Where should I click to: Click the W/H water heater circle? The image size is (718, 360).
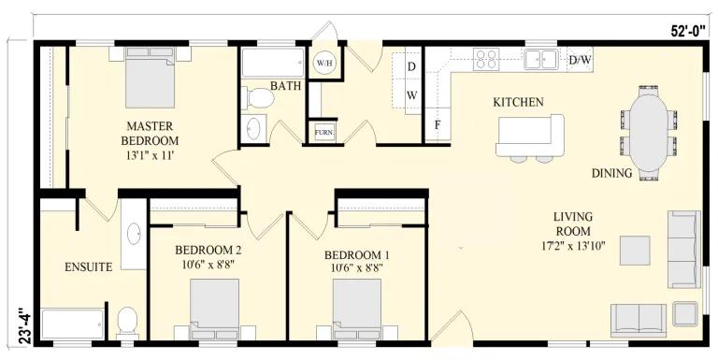pos(324,63)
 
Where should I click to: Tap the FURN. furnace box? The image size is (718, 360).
pos(324,133)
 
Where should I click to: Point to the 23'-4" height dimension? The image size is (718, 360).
pos(26,325)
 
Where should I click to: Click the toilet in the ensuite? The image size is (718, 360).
pos(127,322)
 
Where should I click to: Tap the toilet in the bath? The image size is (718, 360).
pos(257,98)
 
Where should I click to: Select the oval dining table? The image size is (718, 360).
pos(649,132)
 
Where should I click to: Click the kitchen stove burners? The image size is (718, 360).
pos(486,59)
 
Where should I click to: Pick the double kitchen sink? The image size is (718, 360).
pos(541,59)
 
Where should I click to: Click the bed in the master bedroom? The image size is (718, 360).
pos(151,77)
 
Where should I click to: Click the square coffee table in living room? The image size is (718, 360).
pos(635,251)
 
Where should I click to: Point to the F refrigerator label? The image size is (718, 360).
pos(438,124)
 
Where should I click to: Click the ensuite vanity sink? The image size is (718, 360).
pos(135,234)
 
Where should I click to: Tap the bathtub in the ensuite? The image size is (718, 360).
pos(73,324)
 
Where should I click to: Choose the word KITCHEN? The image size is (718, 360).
pos(518,102)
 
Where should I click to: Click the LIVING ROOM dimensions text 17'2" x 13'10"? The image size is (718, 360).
pos(573,245)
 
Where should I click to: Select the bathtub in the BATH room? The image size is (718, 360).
pos(273,63)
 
